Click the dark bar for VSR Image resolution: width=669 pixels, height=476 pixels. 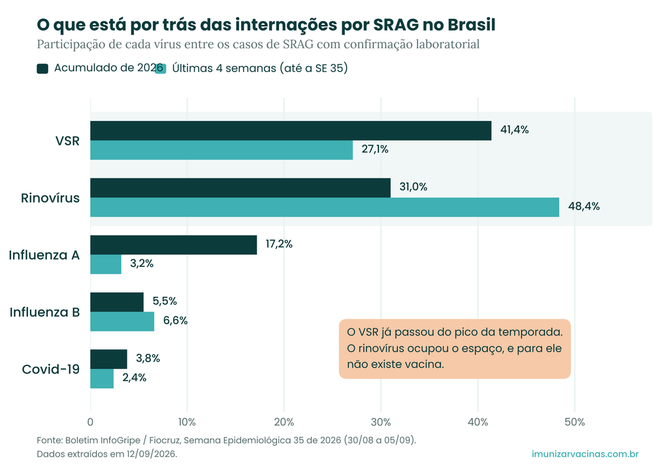[x=291, y=131]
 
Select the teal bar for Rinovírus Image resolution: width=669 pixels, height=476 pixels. [x=325, y=207]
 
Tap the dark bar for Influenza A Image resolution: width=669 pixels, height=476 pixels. [x=174, y=245]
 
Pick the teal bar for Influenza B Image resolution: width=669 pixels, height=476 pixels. [x=122, y=322]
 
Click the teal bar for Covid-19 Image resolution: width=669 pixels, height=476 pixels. [x=102, y=379]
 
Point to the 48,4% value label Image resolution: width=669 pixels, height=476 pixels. [x=583, y=207]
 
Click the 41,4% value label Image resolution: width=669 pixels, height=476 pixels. [x=515, y=129]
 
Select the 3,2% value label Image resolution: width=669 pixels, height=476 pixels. [x=142, y=264]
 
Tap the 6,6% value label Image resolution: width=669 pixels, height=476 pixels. [x=175, y=320]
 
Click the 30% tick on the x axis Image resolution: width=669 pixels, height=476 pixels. [x=381, y=422]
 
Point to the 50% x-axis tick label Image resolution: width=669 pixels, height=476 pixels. [x=575, y=422]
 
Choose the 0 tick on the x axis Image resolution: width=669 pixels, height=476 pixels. [x=90, y=422]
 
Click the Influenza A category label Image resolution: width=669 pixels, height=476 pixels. [x=44, y=255]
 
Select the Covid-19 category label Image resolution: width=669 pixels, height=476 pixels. [x=51, y=369]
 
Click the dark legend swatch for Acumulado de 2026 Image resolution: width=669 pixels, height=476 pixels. [x=42, y=68]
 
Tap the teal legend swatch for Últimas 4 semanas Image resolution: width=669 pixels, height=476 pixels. [x=161, y=68]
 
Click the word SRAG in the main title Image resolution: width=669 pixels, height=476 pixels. [x=396, y=25]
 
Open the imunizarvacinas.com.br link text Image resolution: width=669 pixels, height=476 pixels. [x=585, y=454]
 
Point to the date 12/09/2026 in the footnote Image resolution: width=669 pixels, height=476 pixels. [x=151, y=454]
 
